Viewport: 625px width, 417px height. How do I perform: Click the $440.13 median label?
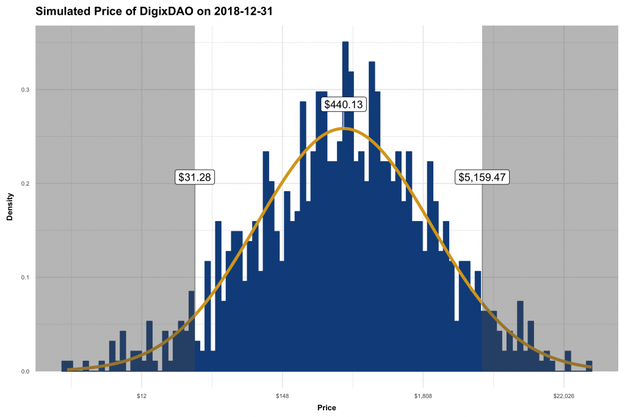(x=343, y=104)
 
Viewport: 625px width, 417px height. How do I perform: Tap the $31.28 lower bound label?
(x=195, y=177)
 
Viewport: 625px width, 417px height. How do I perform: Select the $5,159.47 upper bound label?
(x=482, y=177)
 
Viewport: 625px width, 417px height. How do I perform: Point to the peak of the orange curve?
(x=344, y=128)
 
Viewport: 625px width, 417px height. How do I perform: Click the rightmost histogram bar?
(x=589, y=366)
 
